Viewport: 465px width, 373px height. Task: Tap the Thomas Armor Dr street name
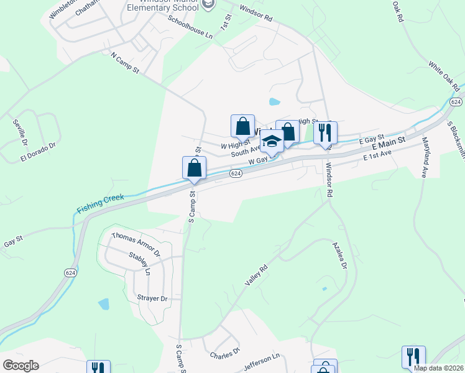(x=136, y=244)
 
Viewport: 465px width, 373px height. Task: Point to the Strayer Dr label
(x=152, y=298)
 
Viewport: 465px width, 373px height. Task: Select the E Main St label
(x=389, y=146)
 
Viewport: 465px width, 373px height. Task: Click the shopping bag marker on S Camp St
(x=194, y=168)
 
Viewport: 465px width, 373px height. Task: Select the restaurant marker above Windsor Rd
(x=325, y=133)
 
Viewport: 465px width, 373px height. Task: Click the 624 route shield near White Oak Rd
(x=456, y=101)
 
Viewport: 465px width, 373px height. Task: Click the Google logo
(x=21, y=366)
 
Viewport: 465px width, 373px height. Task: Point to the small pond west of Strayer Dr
(x=104, y=304)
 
